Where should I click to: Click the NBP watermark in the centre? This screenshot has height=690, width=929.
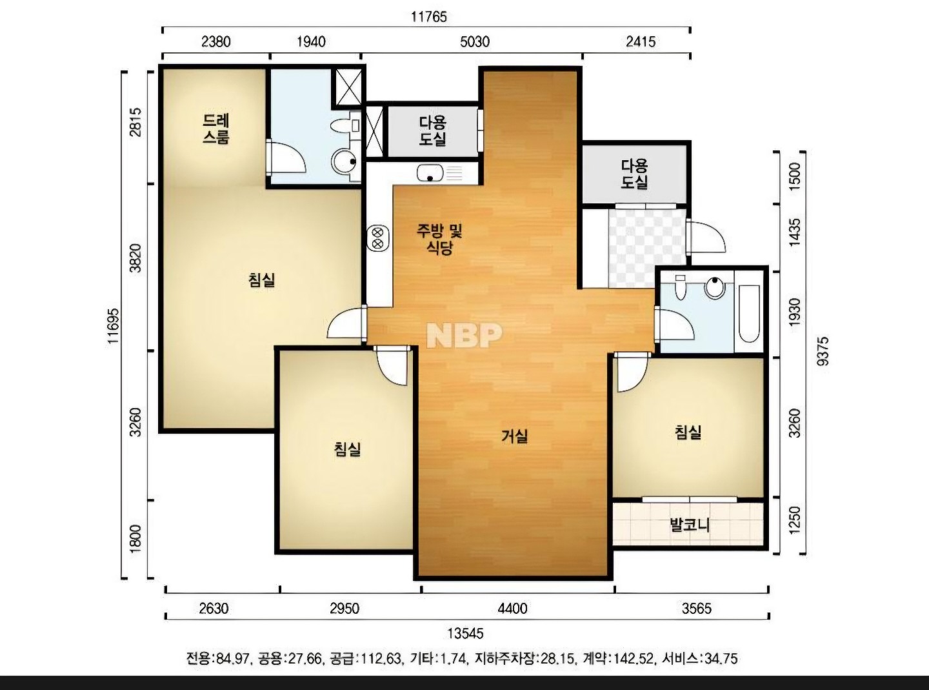[x=464, y=335]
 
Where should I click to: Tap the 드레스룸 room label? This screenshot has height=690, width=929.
[x=215, y=129]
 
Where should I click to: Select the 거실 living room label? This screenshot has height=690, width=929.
[x=514, y=436]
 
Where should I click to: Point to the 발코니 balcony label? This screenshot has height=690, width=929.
[x=690, y=525]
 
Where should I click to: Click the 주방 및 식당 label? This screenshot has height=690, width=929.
[x=439, y=239]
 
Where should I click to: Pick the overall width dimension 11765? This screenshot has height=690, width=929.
[x=429, y=17]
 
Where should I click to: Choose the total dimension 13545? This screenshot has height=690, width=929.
[x=465, y=633]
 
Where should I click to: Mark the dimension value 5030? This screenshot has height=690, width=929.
[x=475, y=42]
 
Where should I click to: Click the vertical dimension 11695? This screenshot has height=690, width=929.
[x=114, y=326]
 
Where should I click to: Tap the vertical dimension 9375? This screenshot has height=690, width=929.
[x=823, y=351]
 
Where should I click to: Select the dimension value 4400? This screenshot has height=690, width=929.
[x=512, y=608]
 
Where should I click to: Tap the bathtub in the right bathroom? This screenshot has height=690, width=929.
[x=749, y=314]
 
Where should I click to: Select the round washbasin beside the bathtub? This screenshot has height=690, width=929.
[x=715, y=289]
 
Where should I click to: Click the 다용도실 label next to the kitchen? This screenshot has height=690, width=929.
[x=433, y=131]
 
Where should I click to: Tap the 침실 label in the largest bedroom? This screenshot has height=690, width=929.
[x=262, y=280]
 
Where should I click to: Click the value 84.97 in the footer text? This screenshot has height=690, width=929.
[x=233, y=658]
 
